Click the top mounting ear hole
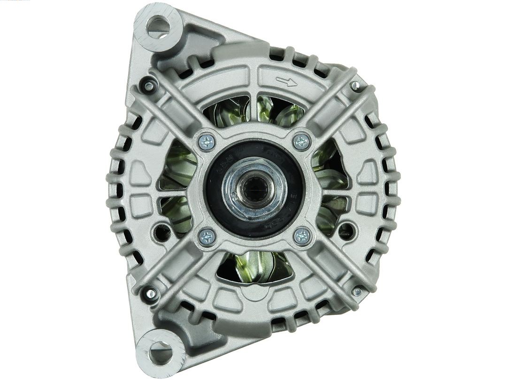coord(158,27)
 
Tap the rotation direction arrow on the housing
coord(286,82)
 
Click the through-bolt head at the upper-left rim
coord(149,86)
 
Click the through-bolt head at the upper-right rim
coord(355,85)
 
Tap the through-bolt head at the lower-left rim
coord(151,293)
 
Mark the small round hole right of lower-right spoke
coord(347,229)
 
